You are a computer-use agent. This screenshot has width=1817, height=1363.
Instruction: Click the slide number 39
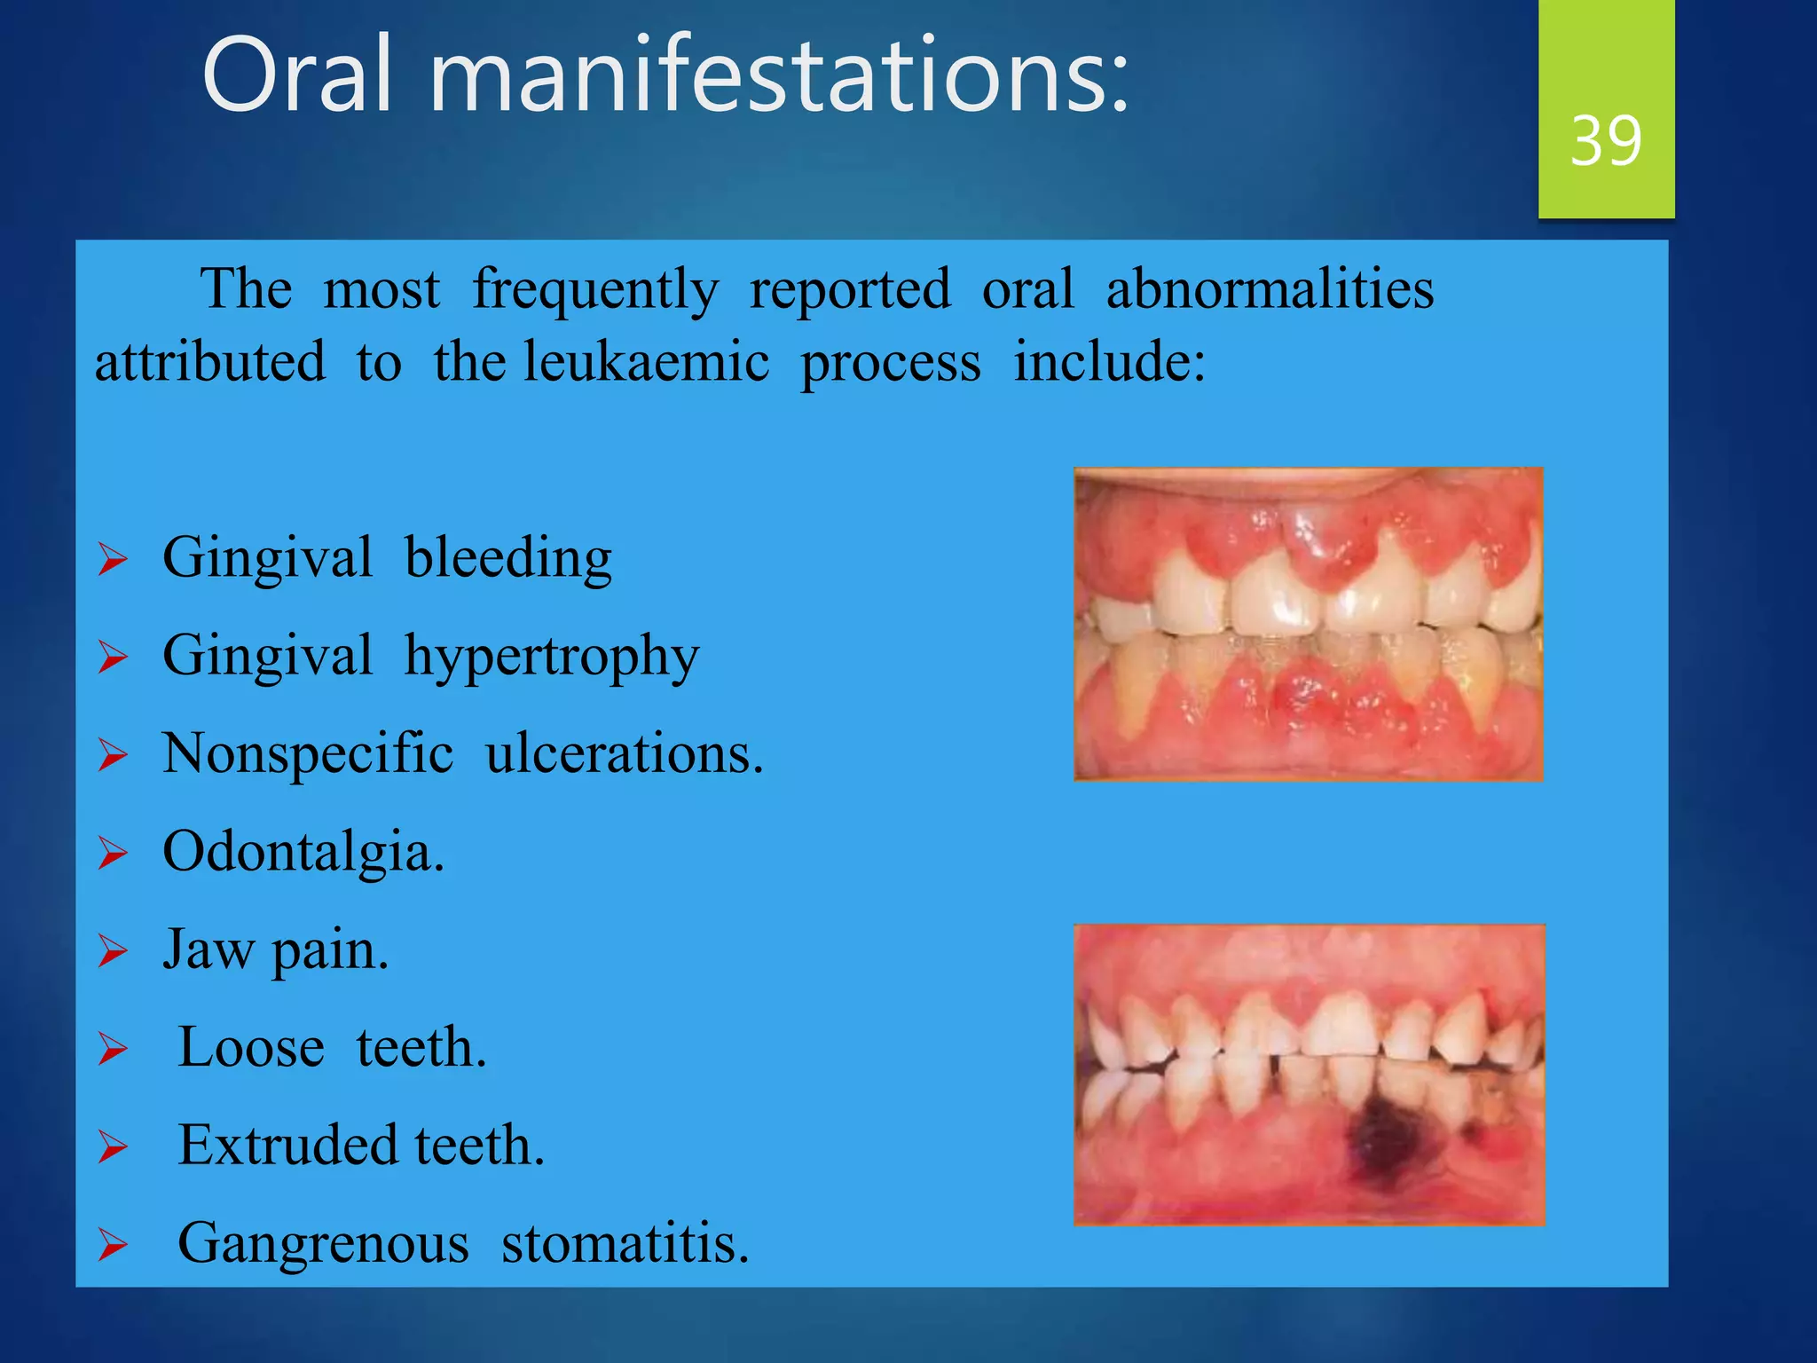tap(1605, 140)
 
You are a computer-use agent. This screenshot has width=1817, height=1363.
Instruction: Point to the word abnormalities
tap(1270, 289)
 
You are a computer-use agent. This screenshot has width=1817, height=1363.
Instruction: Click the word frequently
tap(595, 291)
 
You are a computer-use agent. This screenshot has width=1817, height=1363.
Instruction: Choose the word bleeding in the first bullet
tap(508, 559)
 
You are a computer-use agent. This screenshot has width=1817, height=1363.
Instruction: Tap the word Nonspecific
tap(308, 754)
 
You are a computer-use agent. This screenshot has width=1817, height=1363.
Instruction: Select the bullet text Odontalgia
tap(303, 853)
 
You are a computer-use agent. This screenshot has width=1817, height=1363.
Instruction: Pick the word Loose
tap(251, 1048)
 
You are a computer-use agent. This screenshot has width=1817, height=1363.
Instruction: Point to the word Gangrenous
tap(323, 1244)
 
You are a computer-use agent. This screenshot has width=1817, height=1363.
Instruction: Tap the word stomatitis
tap(625, 1244)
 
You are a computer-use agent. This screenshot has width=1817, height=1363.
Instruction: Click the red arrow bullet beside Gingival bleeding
tap(113, 561)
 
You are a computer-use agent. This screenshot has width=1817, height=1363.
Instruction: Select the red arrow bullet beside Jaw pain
tap(113, 951)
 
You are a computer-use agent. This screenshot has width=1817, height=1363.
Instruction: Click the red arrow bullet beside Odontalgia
tap(113, 854)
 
